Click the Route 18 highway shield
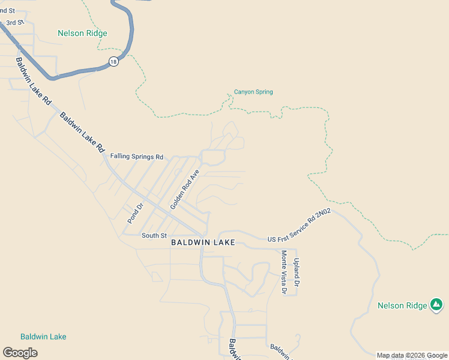(113, 61)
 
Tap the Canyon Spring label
(253, 92)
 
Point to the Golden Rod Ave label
(184, 190)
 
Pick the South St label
(154, 236)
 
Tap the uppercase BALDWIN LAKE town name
(203, 243)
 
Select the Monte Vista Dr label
(285, 272)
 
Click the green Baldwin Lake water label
(43, 337)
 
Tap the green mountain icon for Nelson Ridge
(437, 305)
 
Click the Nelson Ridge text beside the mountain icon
(402, 305)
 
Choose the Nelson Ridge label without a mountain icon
(82, 34)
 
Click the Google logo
(20, 353)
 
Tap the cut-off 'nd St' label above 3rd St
(7, 11)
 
